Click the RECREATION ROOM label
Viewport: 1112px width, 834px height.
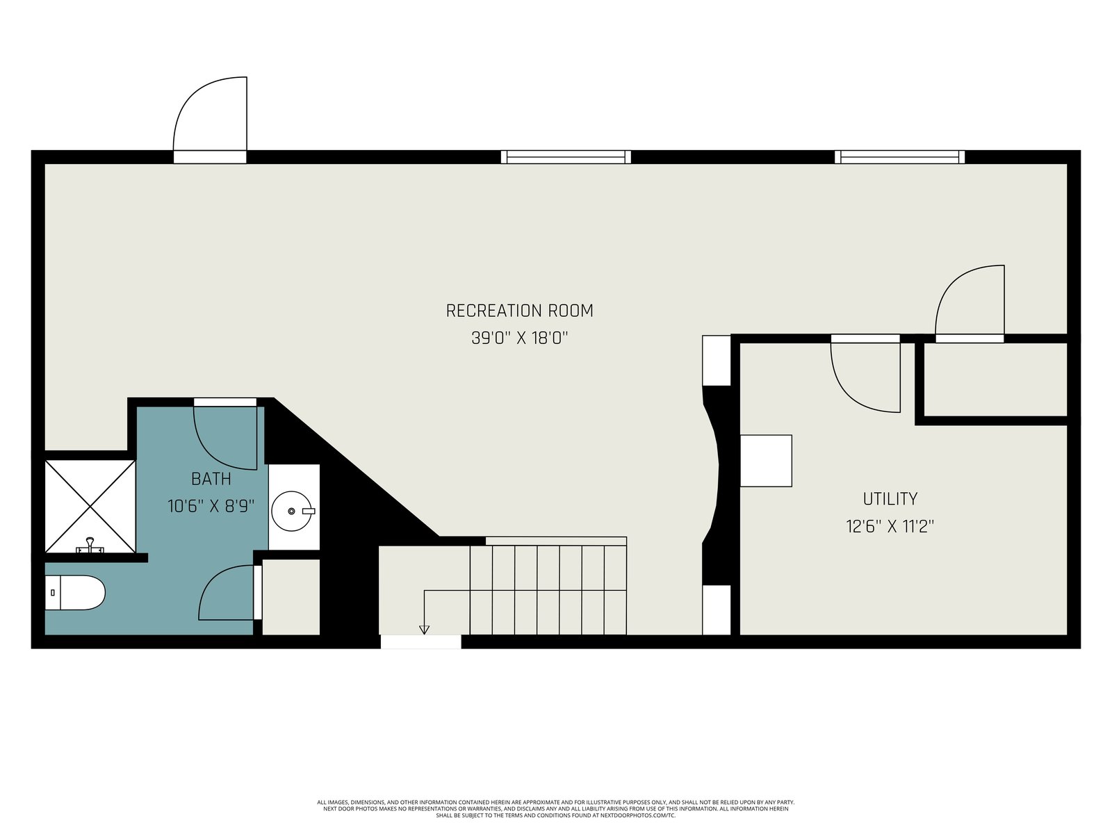(519, 311)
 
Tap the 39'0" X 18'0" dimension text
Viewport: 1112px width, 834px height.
(520, 338)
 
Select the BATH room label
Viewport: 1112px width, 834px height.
(211, 479)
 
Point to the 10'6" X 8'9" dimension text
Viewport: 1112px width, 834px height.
(211, 506)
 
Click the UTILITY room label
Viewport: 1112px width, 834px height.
(890, 499)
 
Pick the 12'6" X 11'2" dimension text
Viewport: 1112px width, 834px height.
(890, 526)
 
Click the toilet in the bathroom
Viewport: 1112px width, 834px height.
(75, 592)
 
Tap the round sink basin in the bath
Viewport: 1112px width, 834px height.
(292, 511)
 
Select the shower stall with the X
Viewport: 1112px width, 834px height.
(90, 506)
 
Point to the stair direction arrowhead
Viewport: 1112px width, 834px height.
(424, 630)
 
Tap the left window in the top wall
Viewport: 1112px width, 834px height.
(566, 157)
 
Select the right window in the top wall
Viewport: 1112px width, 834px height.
(900, 157)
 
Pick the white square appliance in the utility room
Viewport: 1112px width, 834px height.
(766, 461)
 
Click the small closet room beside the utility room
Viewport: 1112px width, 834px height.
(995, 379)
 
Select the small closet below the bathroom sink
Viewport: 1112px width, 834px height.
(291, 596)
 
